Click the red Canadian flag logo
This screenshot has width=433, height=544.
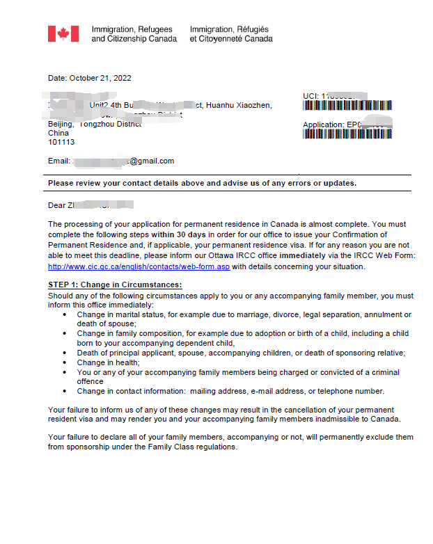63,34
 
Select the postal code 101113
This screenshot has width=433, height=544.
61,142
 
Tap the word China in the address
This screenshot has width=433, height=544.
58,133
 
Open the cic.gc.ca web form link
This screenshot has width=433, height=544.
139,267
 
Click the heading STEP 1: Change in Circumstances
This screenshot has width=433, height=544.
115,285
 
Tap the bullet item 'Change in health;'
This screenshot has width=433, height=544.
109,362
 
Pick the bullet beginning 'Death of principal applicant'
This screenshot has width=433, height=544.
241,353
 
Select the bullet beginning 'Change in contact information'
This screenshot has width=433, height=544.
230,391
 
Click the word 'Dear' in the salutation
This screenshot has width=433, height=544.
56,205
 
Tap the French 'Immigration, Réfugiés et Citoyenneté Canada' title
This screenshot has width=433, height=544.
231,34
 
